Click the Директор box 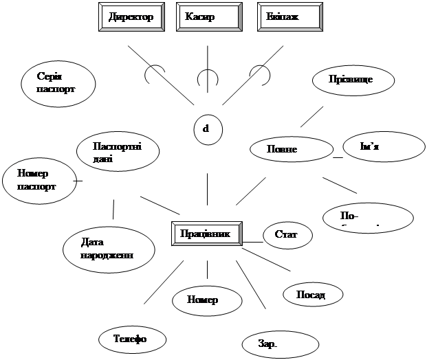pyautogui.click(x=131, y=16)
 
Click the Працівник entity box pyautogui.click(x=207, y=233)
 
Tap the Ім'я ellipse pyautogui.click(x=382, y=148)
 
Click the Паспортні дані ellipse pyautogui.click(x=118, y=151)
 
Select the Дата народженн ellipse pyautogui.click(x=107, y=248)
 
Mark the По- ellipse pyautogui.click(x=368, y=217)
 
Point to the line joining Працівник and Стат pyautogui.click(x=253, y=242)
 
